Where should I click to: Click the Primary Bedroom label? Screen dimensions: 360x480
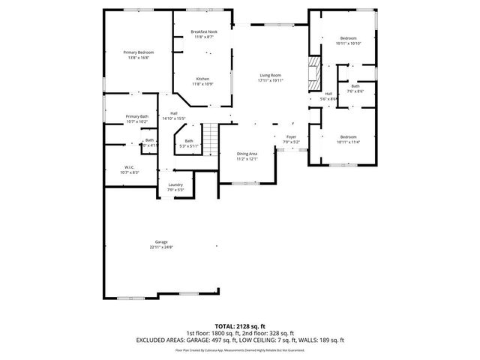point(133,52)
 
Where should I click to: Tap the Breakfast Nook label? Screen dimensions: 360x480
point(204,31)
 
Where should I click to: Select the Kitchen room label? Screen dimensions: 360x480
point(203,79)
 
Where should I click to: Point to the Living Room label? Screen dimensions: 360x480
point(271,75)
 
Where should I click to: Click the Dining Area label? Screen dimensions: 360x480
point(247,153)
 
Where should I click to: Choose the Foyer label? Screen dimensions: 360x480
point(291,136)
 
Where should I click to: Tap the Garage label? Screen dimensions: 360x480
point(161,241)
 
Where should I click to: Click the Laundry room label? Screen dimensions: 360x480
point(175,184)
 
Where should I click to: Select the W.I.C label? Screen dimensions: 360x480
point(130,166)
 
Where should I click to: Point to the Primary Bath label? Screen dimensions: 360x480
point(137,116)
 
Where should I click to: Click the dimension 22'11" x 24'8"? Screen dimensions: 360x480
point(161,247)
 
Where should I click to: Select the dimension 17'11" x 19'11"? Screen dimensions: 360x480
point(271,80)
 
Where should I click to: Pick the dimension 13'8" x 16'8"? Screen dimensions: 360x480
point(133,57)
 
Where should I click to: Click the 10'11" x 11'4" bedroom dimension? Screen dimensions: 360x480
point(349,142)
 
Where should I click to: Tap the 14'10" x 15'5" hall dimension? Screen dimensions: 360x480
point(173,118)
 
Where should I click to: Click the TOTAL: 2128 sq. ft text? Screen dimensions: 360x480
point(240,327)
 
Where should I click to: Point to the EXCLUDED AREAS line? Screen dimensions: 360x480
point(240,340)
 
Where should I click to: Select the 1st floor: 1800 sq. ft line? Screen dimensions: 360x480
point(213,333)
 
